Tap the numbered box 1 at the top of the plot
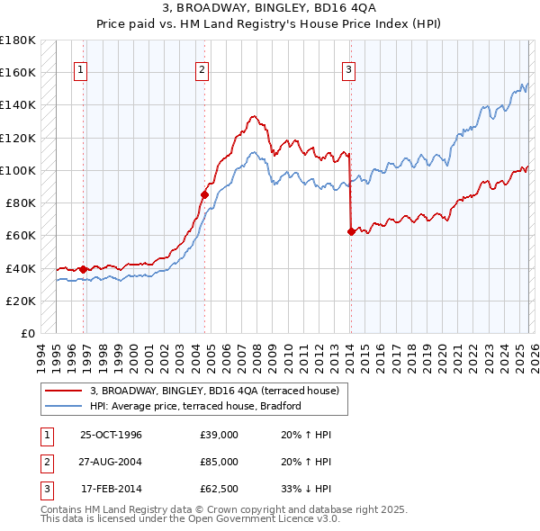[81, 69]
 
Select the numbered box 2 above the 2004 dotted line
[202, 69]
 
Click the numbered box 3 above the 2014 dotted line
[348, 69]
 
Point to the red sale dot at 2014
[350, 231]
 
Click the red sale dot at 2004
[204, 193]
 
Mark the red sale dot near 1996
[84, 269]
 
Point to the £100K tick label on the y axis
[17, 170]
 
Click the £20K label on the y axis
[21, 301]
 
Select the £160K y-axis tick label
[17, 72]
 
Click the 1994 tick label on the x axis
[41, 353]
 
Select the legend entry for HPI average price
[202, 406]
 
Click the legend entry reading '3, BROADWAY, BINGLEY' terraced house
[214, 391]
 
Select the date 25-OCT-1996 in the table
[112, 435]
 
